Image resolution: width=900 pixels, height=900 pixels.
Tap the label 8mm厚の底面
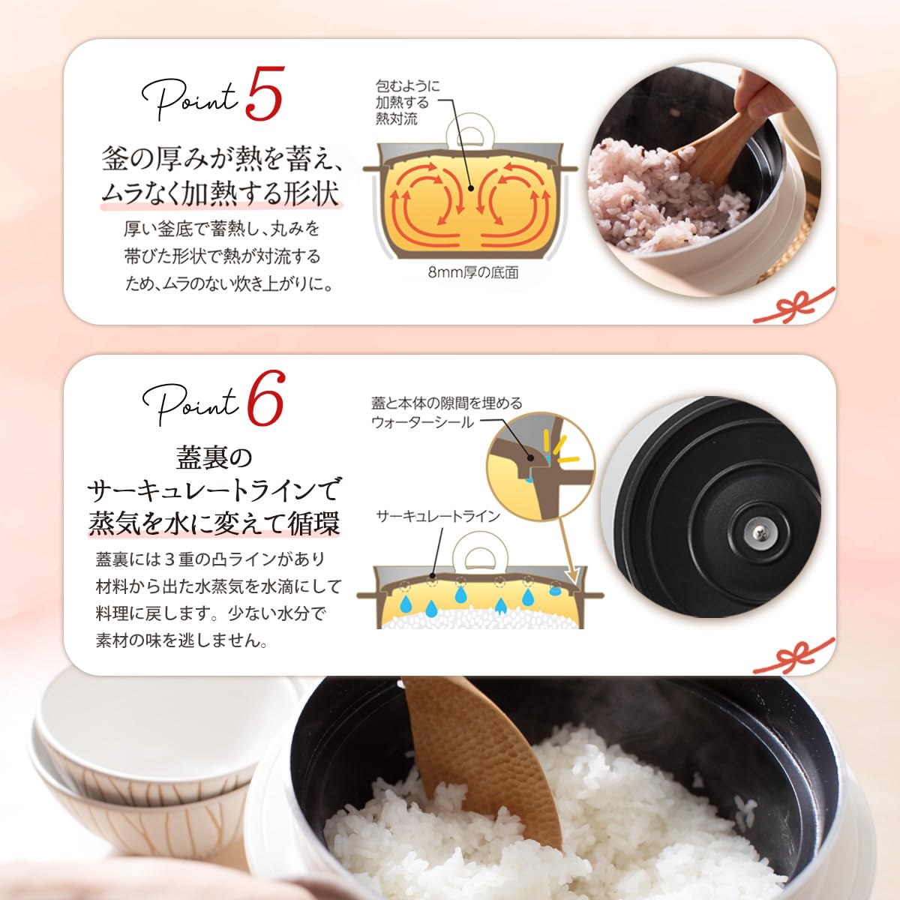(x=472, y=273)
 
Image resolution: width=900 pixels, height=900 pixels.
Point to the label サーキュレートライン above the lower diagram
(x=437, y=516)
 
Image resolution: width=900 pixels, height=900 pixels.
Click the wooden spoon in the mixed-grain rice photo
(x=712, y=150)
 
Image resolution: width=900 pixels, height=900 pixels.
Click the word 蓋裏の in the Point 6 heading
(x=214, y=456)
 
